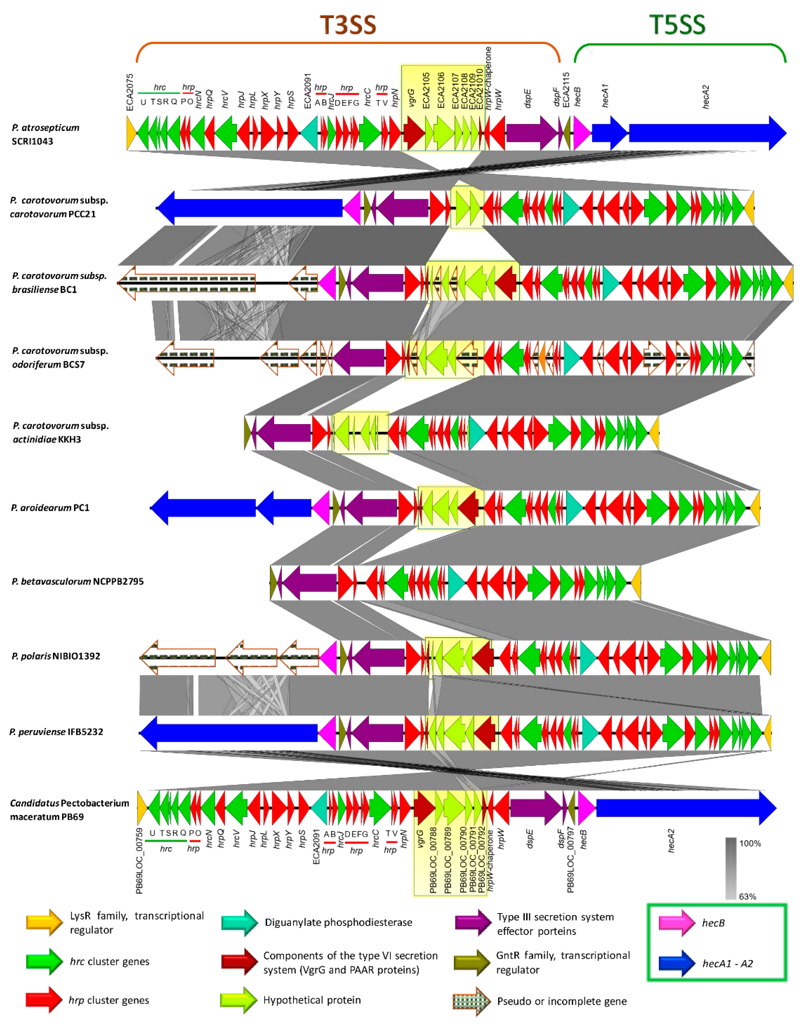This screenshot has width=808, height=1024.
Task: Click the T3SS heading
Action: pyautogui.click(x=348, y=25)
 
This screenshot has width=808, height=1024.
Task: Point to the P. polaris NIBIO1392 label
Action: pyautogui.click(x=56, y=656)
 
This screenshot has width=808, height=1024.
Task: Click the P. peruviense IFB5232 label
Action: pyautogui.click(x=56, y=732)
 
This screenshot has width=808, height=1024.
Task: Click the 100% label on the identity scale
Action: pyautogui.click(x=750, y=843)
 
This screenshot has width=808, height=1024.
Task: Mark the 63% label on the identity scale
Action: pyautogui.click(x=747, y=896)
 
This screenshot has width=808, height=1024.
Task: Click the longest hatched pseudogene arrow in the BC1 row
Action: pyautogui.click(x=186, y=283)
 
